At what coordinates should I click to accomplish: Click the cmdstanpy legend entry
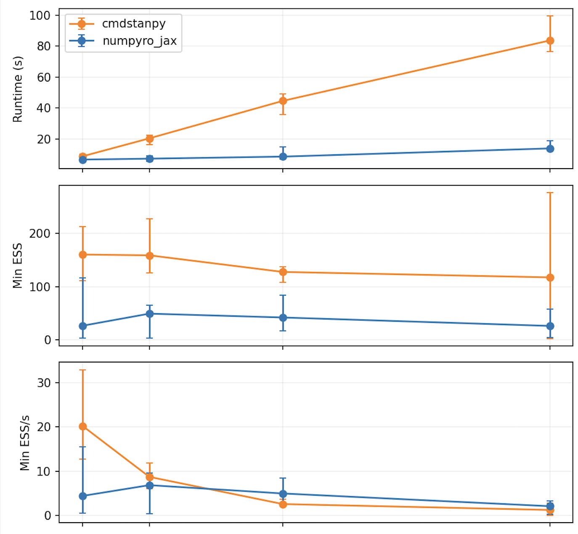(133, 24)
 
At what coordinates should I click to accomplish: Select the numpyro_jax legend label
(139, 41)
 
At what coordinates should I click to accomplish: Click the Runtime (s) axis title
(17, 90)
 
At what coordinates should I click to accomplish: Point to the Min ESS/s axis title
(25, 443)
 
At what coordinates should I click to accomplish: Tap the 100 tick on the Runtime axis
(40, 16)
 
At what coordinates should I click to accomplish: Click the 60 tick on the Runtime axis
(43, 77)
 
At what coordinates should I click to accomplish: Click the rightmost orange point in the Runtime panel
(549, 41)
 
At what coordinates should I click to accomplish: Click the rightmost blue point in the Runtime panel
(549, 149)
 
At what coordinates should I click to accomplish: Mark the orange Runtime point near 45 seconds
(283, 101)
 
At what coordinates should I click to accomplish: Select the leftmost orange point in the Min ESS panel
(82, 255)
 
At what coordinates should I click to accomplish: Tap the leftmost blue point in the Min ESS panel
(82, 326)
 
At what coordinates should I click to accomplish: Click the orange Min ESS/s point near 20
(82, 427)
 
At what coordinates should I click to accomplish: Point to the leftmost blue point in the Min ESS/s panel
(82, 496)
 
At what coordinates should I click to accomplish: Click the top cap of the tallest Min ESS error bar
(549, 193)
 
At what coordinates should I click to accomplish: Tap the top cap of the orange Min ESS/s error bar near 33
(82, 370)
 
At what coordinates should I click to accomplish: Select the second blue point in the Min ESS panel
(149, 314)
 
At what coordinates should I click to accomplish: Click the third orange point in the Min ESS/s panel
(283, 504)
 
